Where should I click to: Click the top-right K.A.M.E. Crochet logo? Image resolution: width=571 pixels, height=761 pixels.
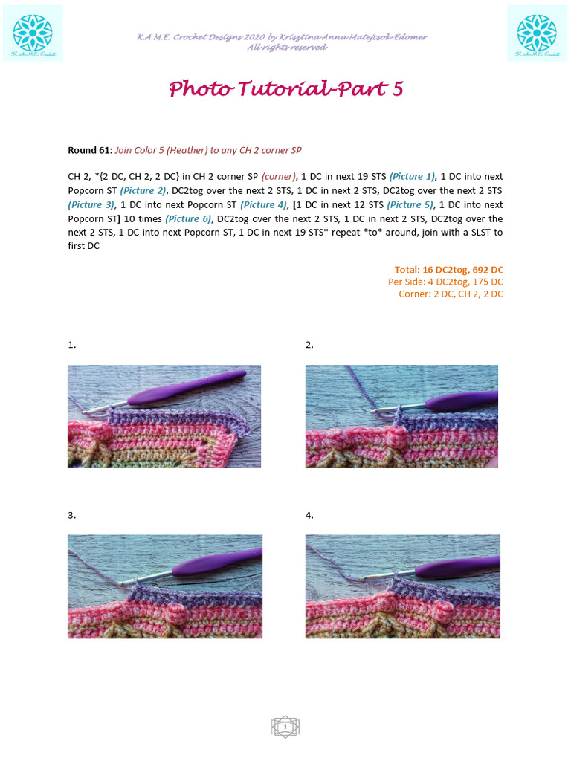pyautogui.click(x=537, y=33)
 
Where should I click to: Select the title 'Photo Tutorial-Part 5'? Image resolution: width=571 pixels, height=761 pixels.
pyautogui.click(x=285, y=88)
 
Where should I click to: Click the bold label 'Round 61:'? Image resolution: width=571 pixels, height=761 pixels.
pyautogui.click(x=90, y=150)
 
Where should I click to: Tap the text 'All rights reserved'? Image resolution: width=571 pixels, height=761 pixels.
pyautogui.click(x=286, y=47)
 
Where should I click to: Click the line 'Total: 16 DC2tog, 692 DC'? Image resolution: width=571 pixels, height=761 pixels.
pyautogui.click(x=448, y=269)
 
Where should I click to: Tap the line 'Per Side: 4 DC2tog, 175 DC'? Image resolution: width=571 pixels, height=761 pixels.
pyautogui.click(x=445, y=282)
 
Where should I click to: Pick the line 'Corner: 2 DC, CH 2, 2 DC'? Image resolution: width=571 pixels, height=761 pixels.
pyautogui.click(x=451, y=294)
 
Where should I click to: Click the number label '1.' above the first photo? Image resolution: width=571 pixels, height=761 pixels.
pyautogui.click(x=71, y=345)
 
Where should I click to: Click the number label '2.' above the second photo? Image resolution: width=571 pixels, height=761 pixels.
pyautogui.click(x=309, y=345)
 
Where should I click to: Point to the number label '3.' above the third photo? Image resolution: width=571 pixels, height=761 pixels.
pyautogui.click(x=71, y=515)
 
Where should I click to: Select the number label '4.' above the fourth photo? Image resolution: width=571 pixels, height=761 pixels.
pyautogui.click(x=309, y=515)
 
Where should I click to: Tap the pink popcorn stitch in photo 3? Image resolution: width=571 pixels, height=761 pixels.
pyautogui.click(x=178, y=615)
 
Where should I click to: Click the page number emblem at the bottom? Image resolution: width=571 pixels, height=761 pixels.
pyautogui.click(x=285, y=727)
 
